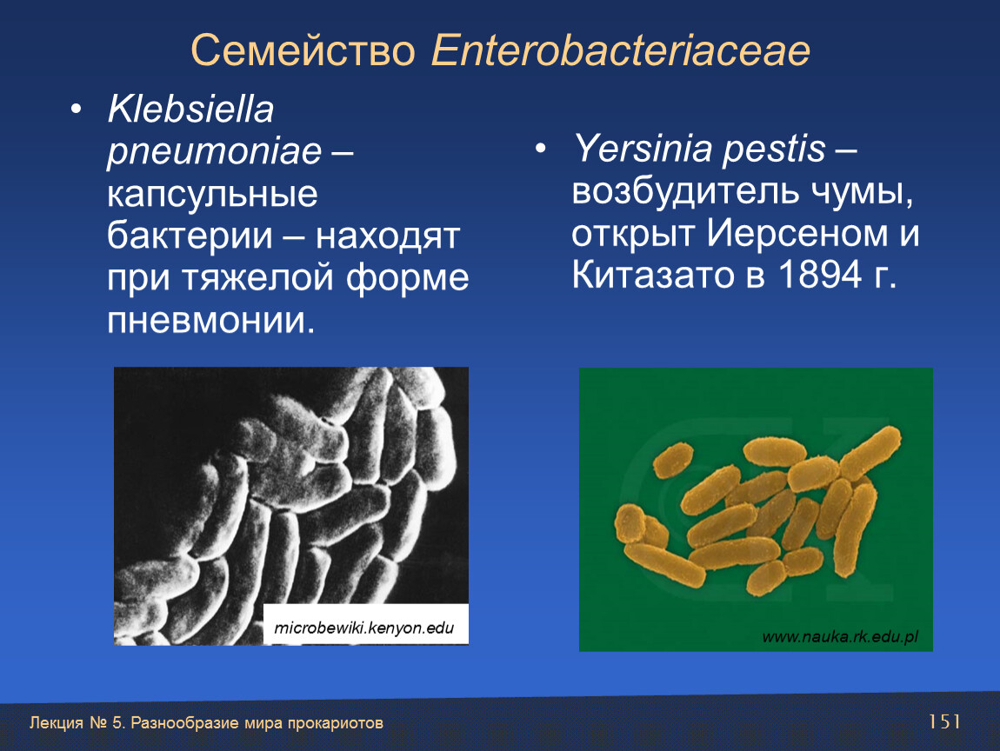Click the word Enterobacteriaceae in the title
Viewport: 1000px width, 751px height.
(x=621, y=50)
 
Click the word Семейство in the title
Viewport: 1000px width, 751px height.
(x=303, y=50)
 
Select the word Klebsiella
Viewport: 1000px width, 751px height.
(x=190, y=109)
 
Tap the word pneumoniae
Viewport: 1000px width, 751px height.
(x=214, y=153)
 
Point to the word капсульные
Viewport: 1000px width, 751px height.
(x=212, y=195)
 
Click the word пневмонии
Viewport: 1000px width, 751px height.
(x=211, y=320)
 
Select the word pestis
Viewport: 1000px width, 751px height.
(x=775, y=150)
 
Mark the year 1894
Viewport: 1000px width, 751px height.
(x=820, y=276)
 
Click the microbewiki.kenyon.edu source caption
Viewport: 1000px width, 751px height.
(x=364, y=628)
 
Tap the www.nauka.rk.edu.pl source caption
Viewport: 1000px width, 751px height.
(x=840, y=636)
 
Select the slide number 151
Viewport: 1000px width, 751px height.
(x=944, y=721)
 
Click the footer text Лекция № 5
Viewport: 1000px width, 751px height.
(x=75, y=723)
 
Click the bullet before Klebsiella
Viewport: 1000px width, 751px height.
(x=77, y=110)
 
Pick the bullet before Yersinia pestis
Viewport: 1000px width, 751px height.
(x=541, y=150)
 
